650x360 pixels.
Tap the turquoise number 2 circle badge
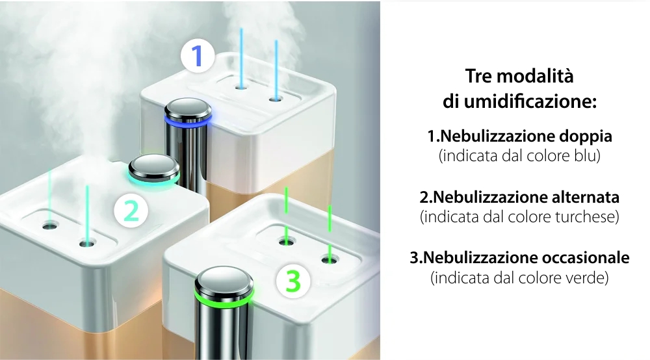(131, 211)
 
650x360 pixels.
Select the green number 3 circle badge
(293, 281)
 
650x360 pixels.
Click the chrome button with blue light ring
(188, 111)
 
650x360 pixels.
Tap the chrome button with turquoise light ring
(153, 170)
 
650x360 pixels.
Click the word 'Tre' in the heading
(480, 76)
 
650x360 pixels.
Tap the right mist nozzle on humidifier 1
(275, 98)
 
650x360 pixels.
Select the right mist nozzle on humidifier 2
(85, 244)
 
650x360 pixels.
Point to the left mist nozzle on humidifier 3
(285, 242)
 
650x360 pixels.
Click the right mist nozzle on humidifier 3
(329, 260)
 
